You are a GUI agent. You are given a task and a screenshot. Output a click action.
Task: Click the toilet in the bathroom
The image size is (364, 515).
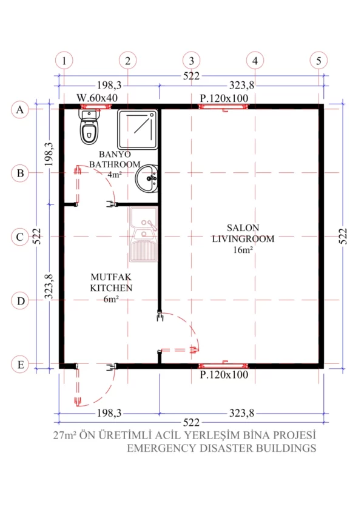pyautogui.click(x=89, y=127)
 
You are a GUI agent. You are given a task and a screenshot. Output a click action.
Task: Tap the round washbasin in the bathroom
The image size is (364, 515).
pyautogui.click(x=147, y=178)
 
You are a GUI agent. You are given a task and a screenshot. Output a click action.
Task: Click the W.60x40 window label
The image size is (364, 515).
pyautogui.click(x=97, y=98)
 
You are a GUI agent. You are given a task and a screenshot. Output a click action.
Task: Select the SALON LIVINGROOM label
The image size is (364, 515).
pyautogui.click(x=243, y=238)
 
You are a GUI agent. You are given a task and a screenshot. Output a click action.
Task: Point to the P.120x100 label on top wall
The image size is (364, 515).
pyautogui.click(x=224, y=98)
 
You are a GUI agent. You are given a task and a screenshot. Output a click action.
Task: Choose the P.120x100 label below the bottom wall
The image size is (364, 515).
pyautogui.click(x=224, y=375)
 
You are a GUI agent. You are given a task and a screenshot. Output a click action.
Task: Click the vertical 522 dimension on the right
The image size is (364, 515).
pyautogui.click(x=343, y=236)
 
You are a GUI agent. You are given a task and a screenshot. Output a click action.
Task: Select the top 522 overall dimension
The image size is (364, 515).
pyautogui.click(x=191, y=76)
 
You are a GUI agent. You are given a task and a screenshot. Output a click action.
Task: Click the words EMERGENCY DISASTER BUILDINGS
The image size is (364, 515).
pyautogui.click(x=221, y=448)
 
